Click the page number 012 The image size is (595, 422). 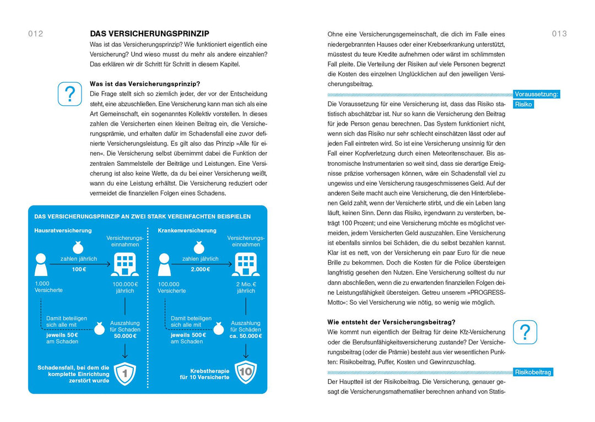[36, 34]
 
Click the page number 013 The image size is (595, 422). [559, 34]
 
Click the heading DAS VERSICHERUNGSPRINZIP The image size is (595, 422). [149, 34]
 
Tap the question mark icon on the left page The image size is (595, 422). [70, 94]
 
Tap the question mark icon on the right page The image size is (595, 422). [525, 332]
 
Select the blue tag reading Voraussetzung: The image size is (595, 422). [537, 94]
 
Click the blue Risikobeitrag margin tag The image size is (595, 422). [533, 372]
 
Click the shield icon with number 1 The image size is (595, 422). [125, 374]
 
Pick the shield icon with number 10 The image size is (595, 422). [246, 372]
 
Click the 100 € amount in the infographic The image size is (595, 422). [79, 269]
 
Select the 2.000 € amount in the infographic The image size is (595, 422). [201, 269]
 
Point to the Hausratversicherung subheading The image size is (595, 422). [63, 230]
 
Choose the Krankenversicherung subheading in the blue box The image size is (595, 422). [187, 230]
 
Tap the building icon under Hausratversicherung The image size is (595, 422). [125, 264]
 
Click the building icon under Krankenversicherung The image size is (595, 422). [246, 264]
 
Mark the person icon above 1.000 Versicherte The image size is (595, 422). [41, 264]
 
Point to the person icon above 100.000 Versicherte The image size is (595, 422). [164, 264]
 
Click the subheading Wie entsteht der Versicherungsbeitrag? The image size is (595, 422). [391, 322]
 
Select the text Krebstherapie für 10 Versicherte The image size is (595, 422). [204, 374]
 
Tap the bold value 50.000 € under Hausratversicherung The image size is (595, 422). [125, 336]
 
